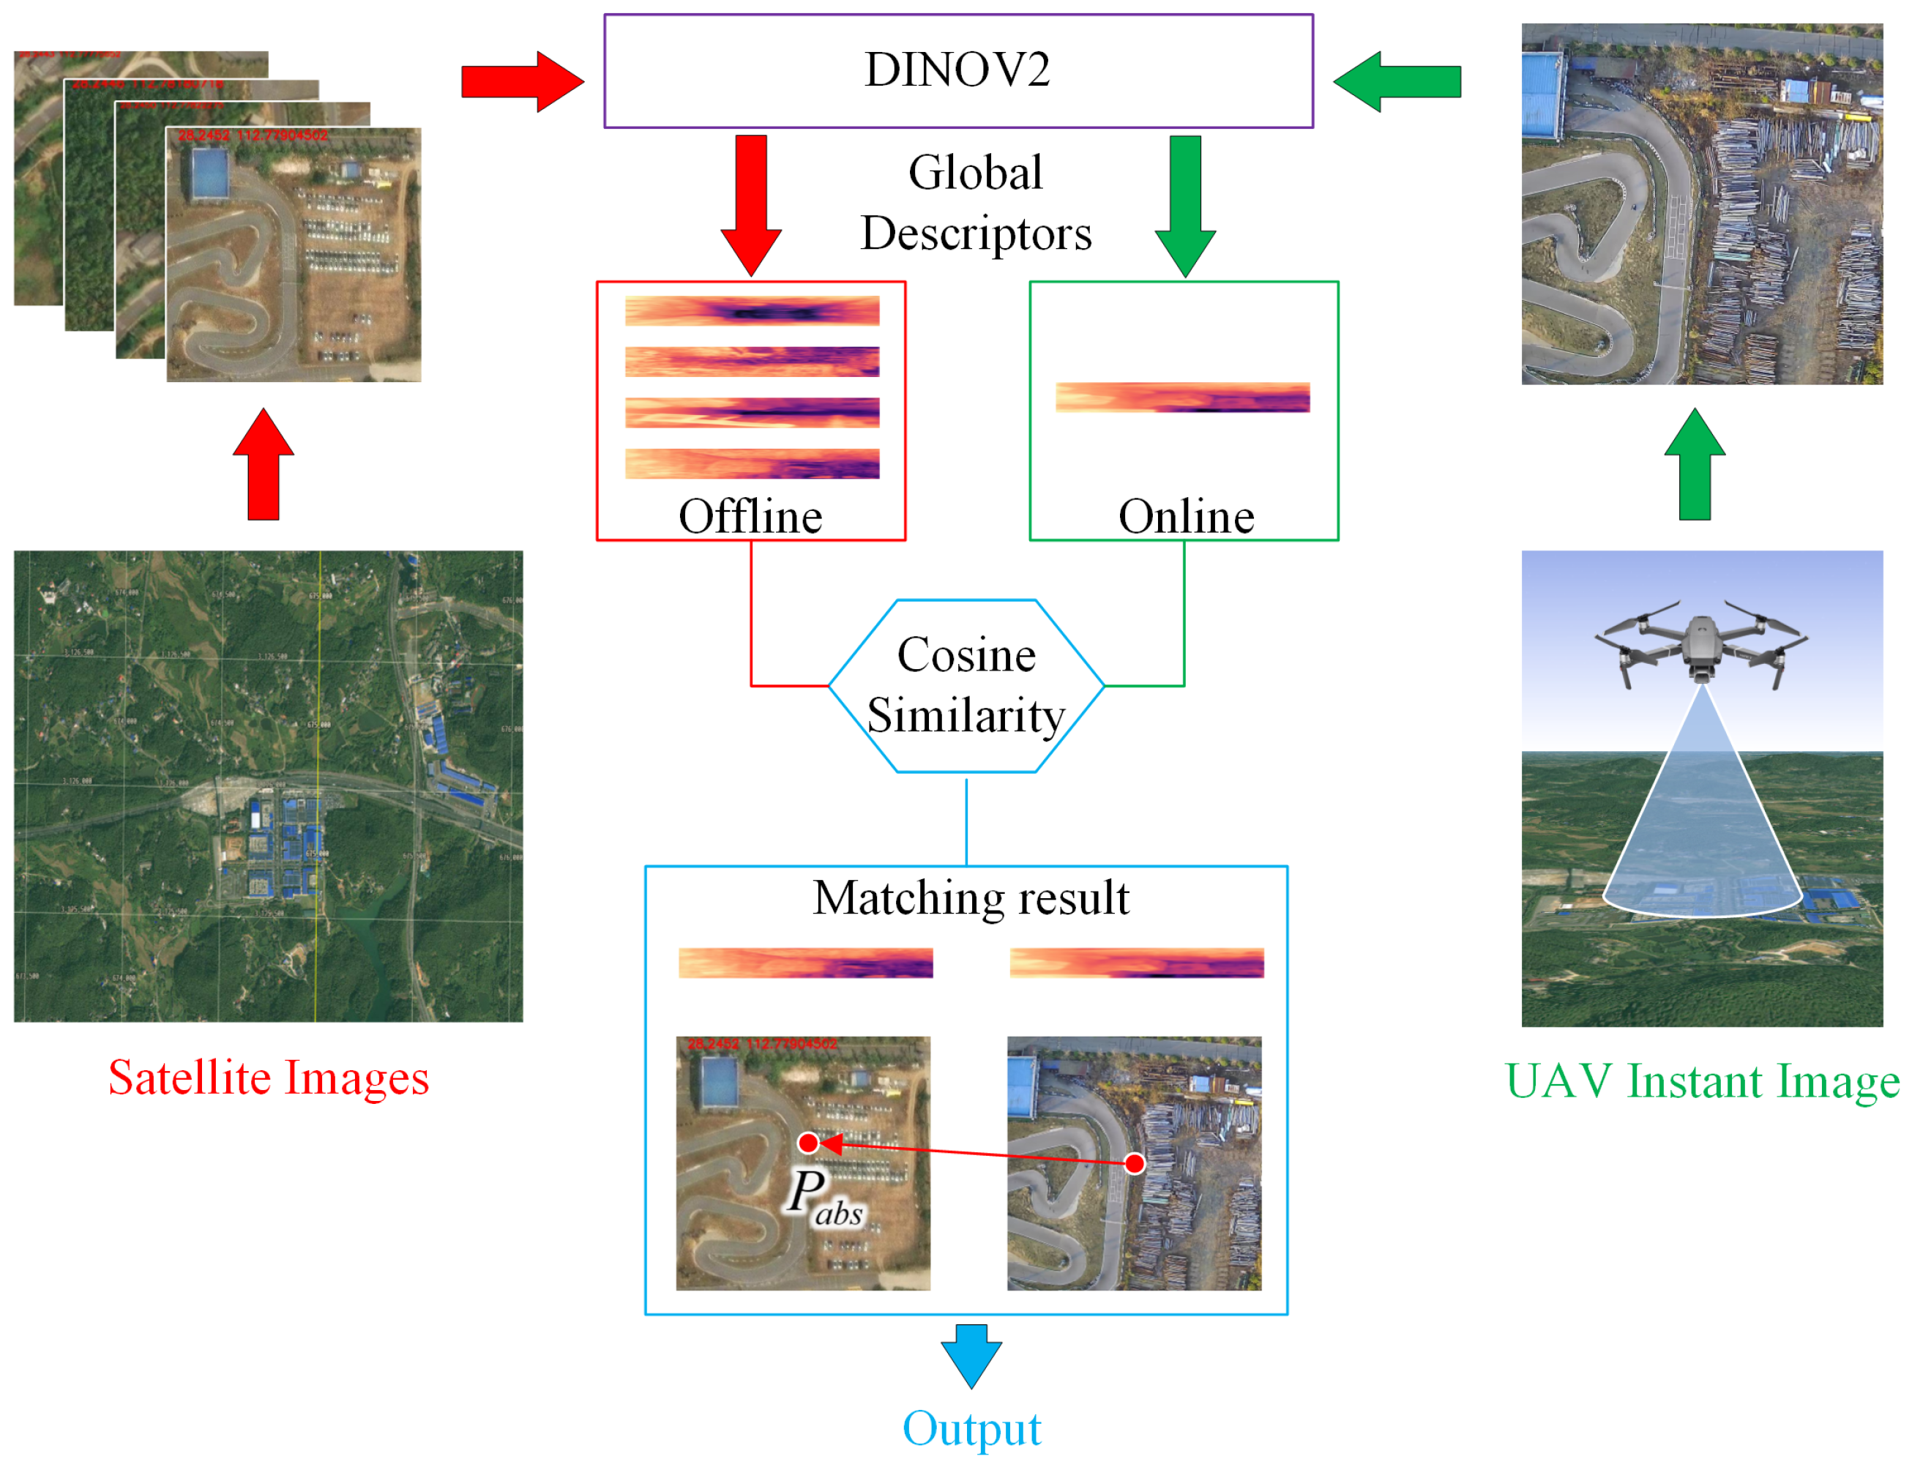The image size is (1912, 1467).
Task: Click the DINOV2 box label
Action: (957, 70)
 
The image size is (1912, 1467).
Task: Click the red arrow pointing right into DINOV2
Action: (521, 82)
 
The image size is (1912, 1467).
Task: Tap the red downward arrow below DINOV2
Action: (751, 204)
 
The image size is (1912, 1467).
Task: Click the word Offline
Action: (750, 516)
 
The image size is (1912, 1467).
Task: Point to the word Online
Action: (1186, 516)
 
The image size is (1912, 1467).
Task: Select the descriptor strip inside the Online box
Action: (1182, 397)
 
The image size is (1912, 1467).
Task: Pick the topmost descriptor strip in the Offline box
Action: (752, 312)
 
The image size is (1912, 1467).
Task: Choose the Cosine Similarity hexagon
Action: (966, 685)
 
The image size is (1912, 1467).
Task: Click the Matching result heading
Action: (970, 897)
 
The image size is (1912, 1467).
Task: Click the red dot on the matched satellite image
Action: (808, 1143)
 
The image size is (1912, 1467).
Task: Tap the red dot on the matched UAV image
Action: (1134, 1163)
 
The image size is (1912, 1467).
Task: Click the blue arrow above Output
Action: (971, 1354)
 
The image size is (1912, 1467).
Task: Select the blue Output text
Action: (971, 1429)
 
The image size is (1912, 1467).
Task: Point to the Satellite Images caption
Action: (269, 1078)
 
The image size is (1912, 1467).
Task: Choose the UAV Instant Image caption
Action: (1702, 1081)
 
